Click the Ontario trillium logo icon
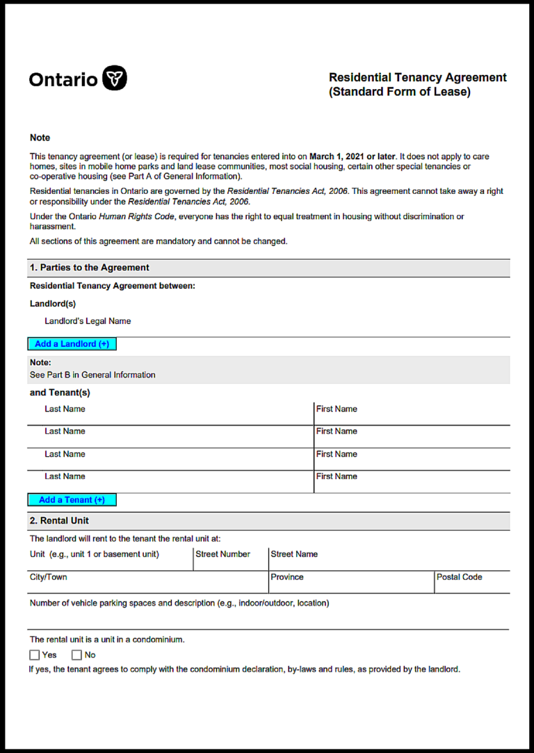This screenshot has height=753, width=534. [115, 79]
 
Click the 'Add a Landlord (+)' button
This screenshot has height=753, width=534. [72, 344]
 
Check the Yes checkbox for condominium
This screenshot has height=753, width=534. [35, 655]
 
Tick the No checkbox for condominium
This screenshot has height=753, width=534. [76, 655]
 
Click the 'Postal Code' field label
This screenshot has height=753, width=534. [459, 577]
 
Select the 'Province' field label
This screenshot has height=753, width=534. [287, 577]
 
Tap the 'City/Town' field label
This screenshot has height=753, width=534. [49, 577]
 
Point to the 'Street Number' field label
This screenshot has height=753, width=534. [222, 554]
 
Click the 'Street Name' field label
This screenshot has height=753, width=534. [294, 554]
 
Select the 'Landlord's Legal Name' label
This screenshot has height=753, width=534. [88, 321]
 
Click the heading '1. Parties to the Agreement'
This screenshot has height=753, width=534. [89, 268]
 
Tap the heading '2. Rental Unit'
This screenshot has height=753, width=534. [59, 521]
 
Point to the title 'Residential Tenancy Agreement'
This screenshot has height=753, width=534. [417, 78]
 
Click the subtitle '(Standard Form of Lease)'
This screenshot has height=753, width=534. [399, 92]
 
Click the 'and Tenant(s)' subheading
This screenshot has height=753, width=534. [60, 393]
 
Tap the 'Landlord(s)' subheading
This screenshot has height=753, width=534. [53, 304]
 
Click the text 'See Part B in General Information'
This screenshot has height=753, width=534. [92, 375]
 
